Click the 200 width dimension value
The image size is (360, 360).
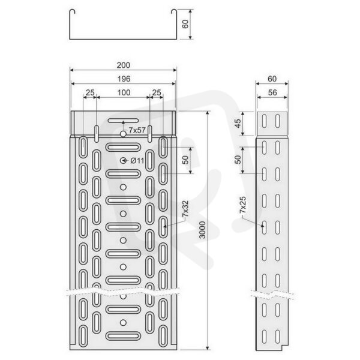pos(123,65)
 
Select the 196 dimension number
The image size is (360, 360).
pos(124,79)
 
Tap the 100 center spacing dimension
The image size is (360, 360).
pos(124,93)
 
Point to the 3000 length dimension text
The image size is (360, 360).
pos(202,230)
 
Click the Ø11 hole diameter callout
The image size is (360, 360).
pos(137,160)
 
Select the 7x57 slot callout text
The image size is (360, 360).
pos(137,130)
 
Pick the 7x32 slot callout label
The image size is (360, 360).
pos(185,209)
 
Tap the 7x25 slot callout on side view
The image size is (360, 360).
pos(242,205)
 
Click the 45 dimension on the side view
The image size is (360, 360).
pos(239,124)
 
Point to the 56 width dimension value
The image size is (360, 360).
pos(272,92)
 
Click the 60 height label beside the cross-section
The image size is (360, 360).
pos(185,24)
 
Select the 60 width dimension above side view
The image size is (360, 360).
pos(272,79)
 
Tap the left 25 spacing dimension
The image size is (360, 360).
pos(90,93)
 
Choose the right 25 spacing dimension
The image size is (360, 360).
pos(157,93)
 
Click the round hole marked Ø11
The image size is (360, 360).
pos(123,160)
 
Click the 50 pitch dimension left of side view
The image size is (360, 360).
pos(238,160)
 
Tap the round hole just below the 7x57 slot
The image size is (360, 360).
pos(123,134)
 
